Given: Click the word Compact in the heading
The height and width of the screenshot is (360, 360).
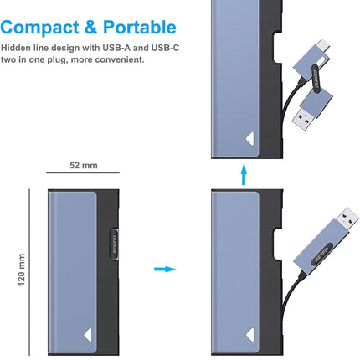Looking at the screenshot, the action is tap(39, 28).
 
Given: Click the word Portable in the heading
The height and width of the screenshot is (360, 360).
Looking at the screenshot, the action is tap(140, 27).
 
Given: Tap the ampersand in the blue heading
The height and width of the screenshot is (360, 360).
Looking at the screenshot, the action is tap(90, 28).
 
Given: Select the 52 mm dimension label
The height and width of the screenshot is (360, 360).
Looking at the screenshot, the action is tap(84, 165).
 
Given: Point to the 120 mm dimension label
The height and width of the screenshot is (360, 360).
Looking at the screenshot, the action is tap(22, 270).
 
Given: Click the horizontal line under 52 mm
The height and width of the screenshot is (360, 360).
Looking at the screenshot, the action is tap(83, 173).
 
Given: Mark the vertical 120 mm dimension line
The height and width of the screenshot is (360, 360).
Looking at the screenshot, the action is tap(29, 272).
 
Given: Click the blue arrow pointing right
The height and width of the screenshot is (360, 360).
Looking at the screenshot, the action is tap(165, 269).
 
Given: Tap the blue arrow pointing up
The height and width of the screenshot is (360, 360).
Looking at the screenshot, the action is tap(244, 174).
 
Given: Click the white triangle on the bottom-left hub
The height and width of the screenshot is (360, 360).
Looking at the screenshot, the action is tap(88, 335).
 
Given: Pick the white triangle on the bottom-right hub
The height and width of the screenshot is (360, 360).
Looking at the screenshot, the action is tap(250, 335).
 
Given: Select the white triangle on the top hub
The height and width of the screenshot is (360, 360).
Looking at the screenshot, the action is tap(250, 139).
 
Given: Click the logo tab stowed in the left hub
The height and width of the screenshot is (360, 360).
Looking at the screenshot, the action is tap(115, 244).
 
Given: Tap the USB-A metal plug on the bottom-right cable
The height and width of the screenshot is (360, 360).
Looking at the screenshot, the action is tap(347, 219).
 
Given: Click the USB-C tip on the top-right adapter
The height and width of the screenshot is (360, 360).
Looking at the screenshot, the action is tap(324, 45).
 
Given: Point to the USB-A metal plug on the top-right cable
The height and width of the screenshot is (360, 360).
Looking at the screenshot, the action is tap(304, 120).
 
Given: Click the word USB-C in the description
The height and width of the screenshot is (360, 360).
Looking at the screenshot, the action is tap(165, 48).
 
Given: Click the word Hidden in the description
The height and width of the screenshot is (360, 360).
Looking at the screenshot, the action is tap(16, 48).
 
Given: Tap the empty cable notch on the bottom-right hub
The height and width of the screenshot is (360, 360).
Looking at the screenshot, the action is tap(278, 244).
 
